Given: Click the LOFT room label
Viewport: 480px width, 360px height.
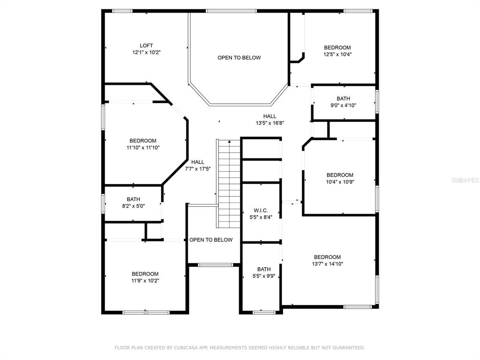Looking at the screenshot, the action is coord(146,45).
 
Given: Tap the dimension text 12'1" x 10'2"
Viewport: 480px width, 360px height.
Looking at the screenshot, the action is coord(146,52).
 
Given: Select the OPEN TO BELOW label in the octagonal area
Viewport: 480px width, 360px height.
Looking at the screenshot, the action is coord(239,58).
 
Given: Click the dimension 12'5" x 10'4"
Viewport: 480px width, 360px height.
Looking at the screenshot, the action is coord(337,54).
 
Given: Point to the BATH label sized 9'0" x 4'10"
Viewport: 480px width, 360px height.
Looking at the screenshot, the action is coord(344,98).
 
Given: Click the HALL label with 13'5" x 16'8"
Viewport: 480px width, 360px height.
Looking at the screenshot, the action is coord(270,116).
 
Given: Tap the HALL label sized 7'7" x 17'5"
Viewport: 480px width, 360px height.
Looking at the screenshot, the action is coord(198,162).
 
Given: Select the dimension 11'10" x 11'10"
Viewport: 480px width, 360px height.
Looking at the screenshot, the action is coord(143,148).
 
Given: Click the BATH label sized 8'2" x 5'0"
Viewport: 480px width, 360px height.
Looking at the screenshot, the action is coord(134,199).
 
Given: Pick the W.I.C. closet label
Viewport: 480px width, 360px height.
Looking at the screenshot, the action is coord(261,210).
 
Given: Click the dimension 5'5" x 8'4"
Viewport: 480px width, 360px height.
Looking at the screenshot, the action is coord(261,217).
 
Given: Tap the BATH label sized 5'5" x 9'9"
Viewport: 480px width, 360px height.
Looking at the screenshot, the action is coord(264,270).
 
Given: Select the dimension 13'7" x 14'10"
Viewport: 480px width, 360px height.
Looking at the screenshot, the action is coord(328,264).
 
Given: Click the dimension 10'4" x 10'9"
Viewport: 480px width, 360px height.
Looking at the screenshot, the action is coord(340,182).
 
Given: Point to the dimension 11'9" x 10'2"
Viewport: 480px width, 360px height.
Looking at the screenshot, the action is coord(145,281).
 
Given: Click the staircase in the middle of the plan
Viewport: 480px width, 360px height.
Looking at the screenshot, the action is coord(229,184).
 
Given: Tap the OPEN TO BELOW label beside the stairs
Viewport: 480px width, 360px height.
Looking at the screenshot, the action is coord(211,240).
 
